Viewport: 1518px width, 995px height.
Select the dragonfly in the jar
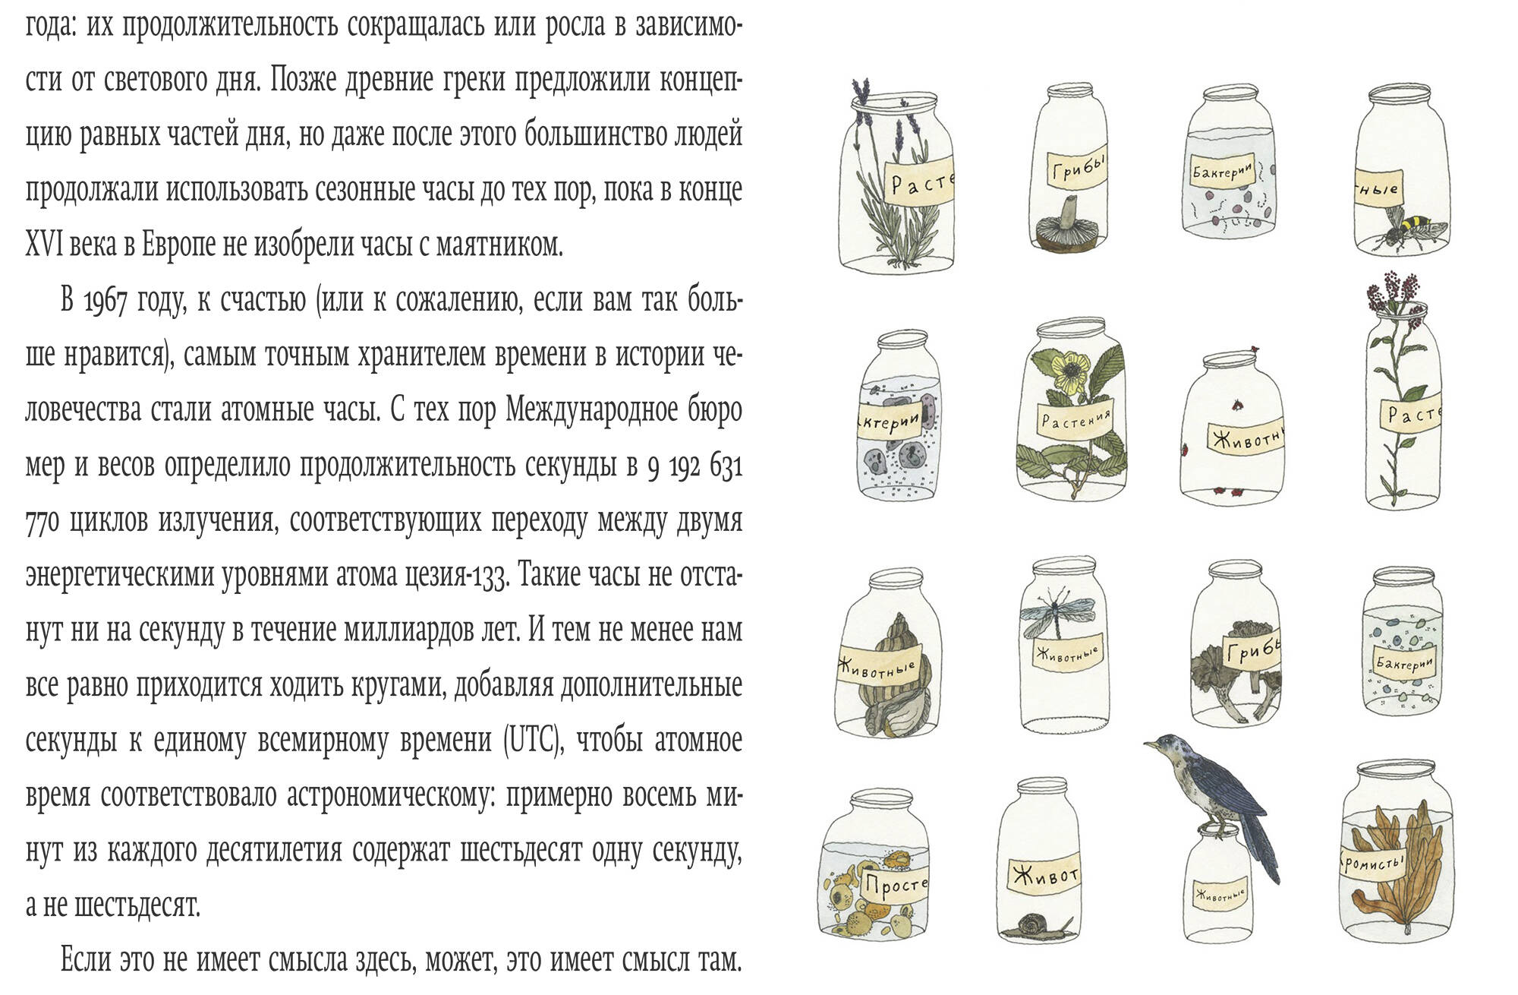[1057, 614]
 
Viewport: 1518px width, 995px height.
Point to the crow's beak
[1149, 745]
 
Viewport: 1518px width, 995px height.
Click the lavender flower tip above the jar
[859, 92]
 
